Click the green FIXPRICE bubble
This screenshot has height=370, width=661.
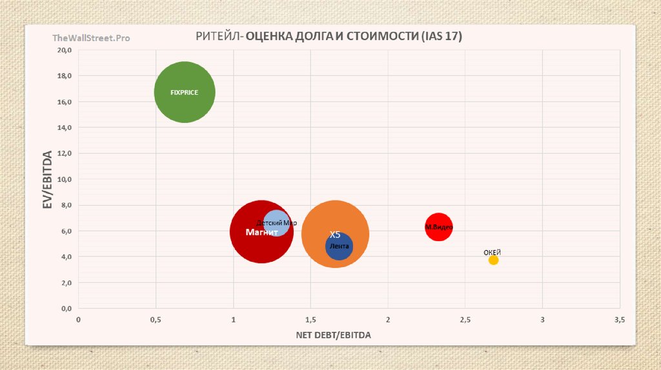[x=185, y=92]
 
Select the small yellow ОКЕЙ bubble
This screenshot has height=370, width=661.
[x=493, y=260]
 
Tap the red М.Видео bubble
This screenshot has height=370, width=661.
[x=439, y=227]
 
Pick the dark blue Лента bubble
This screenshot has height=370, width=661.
[x=339, y=247]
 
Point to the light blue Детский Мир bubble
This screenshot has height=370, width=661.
[x=277, y=222]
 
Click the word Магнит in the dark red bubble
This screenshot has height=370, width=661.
[x=261, y=232]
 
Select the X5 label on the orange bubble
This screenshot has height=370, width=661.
[x=335, y=235]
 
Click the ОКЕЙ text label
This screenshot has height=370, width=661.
[x=493, y=252]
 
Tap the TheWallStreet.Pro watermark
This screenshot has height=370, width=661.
[x=91, y=38]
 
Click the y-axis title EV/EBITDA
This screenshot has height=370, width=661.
[x=47, y=180]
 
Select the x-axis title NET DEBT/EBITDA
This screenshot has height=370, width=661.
[x=334, y=335]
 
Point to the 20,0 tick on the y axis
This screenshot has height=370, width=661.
[x=63, y=50]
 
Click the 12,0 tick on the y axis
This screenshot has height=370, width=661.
[x=63, y=153]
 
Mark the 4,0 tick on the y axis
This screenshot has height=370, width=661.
[x=65, y=257]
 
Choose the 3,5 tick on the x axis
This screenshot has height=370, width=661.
[x=620, y=320]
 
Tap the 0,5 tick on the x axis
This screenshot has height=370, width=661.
[x=156, y=320]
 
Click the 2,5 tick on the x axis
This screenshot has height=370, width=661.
[x=465, y=320]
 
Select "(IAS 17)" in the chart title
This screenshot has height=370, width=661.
[x=442, y=37]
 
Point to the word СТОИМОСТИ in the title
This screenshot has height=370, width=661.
[x=382, y=37]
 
